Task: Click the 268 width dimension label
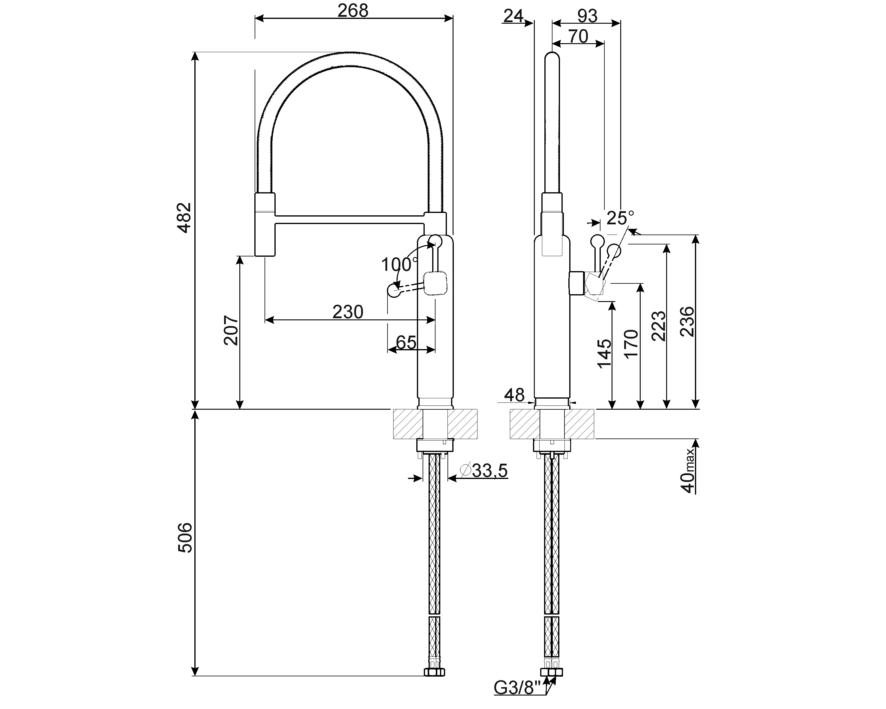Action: coord(353,11)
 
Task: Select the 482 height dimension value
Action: coord(184,218)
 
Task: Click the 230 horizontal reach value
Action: coord(348,312)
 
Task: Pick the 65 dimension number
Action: coord(406,342)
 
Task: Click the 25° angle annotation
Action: coord(620,218)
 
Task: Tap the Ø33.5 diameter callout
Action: coord(484,471)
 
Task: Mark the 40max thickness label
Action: coord(687,471)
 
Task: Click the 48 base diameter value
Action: coord(514,395)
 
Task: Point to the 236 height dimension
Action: coord(687,322)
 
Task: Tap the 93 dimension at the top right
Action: coord(587,16)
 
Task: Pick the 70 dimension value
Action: coord(578,37)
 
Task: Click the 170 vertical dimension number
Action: coord(632,344)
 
